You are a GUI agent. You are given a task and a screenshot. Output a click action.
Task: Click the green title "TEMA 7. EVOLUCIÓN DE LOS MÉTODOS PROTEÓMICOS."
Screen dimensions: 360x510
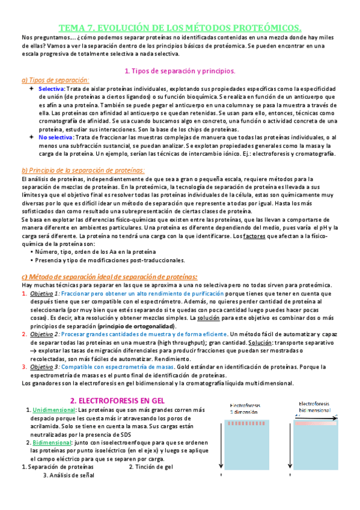[x=180, y=28]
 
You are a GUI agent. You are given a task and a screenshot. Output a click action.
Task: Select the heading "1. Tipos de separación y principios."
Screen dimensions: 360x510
[x=179, y=70]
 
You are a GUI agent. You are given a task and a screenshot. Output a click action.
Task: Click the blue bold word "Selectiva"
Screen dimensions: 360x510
[x=51, y=89]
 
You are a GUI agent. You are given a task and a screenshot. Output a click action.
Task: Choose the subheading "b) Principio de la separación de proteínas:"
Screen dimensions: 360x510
[x=83, y=170]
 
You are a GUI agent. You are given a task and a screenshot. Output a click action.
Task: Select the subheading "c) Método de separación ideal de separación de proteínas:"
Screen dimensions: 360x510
[x=109, y=276]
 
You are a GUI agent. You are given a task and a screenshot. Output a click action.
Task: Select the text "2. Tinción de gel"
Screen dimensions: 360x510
[x=150, y=466]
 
